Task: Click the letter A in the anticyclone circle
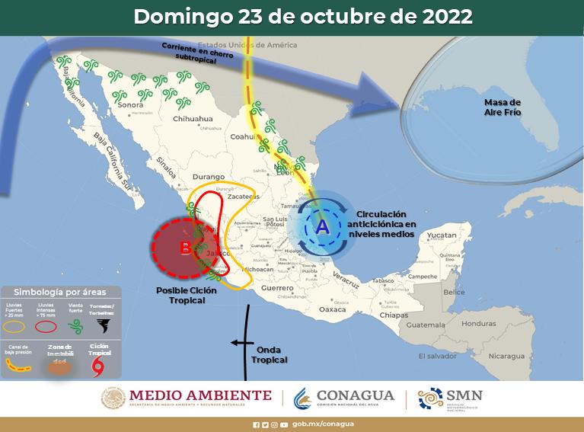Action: [x=321, y=226]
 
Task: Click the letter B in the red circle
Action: [x=185, y=248]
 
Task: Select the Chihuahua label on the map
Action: [x=193, y=120]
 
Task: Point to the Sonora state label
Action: [x=133, y=106]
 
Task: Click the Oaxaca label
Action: [x=332, y=309]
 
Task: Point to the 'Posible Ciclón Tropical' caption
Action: [x=180, y=295]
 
